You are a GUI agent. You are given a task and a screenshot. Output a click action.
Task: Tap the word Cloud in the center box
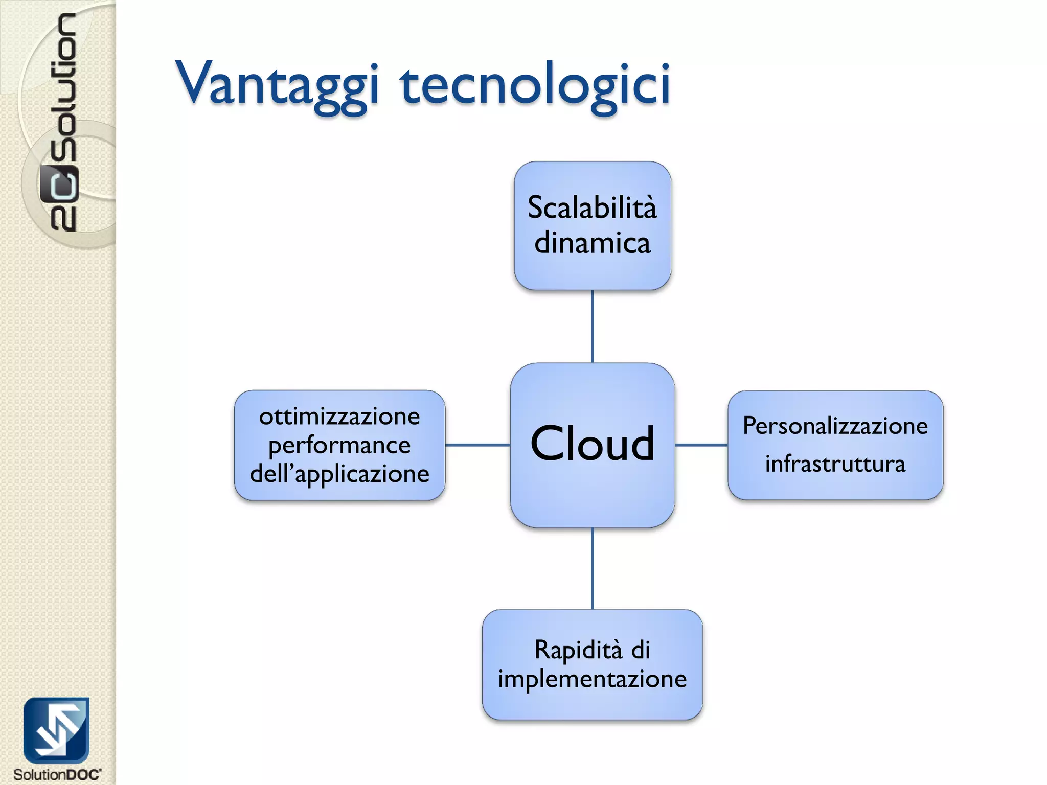pos(592,444)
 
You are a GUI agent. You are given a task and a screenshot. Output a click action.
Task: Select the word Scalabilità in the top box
pos(592,208)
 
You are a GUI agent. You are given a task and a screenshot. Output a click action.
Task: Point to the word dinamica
pos(592,243)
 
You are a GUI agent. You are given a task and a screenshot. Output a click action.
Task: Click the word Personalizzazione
pos(835,426)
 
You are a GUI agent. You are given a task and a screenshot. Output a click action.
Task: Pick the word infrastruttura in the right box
pos(835,464)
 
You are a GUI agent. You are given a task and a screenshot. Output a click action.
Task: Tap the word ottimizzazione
pos(339,417)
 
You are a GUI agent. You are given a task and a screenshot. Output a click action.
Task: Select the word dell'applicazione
pos(339,474)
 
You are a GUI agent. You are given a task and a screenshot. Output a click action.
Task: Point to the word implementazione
pos(592,679)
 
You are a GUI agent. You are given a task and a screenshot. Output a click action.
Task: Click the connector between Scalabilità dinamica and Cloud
pos(592,327)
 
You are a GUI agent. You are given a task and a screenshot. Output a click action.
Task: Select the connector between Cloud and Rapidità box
pos(592,568)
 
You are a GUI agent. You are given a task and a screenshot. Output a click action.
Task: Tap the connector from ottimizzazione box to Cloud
pos(477,445)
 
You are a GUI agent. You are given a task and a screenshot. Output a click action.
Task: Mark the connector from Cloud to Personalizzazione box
pos(701,445)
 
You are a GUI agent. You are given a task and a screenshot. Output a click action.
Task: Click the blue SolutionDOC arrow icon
pos(56,730)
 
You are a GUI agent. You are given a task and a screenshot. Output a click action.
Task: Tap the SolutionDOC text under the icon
pos(57,774)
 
